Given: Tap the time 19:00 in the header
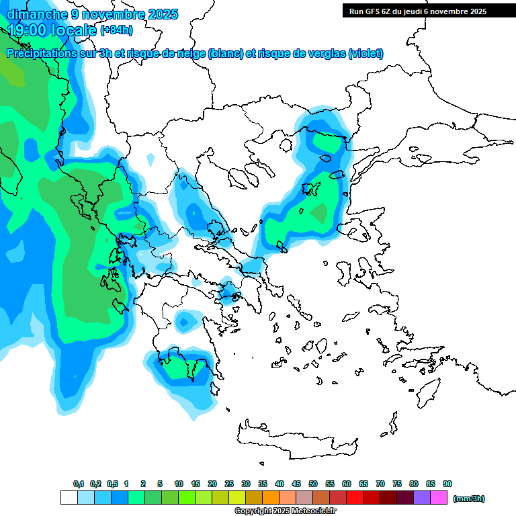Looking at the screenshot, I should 30,30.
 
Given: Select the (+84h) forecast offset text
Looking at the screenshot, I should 116,30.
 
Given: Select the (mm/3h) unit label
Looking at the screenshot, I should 468,499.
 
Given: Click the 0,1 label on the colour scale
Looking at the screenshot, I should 78,484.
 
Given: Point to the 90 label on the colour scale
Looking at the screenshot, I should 447,484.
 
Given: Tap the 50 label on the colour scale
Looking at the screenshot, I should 313,484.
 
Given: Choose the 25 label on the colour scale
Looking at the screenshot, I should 229,484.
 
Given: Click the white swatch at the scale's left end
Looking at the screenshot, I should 69,498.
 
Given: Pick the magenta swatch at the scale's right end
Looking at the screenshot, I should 439,498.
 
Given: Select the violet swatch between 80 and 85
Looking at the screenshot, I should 422,498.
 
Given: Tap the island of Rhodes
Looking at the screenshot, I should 429,391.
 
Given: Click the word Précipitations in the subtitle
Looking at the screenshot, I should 42,54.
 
